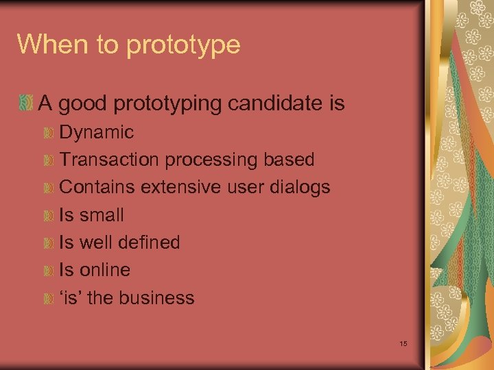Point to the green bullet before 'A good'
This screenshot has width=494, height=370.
coord(26,104)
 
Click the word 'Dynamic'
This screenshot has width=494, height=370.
coord(97,132)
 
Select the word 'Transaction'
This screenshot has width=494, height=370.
coord(109,160)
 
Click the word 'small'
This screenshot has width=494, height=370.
coord(102,215)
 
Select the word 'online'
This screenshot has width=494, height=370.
coord(105,270)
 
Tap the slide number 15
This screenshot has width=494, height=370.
coord(403,343)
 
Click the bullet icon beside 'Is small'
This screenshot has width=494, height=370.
coord(47,216)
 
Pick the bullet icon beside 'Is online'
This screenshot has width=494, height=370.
coord(47,271)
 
